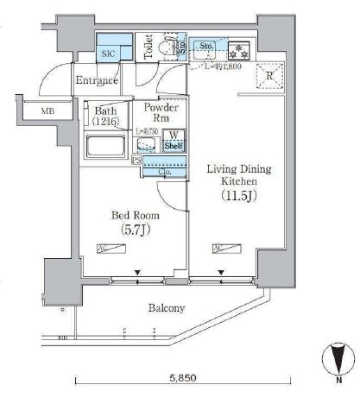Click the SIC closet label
click(108, 53)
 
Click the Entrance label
click(97, 80)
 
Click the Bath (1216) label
click(107, 116)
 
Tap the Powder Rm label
click(161, 114)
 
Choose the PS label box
click(136, 161)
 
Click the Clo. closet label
click(163, 172)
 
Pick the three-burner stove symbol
click(235, 48)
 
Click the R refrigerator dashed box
click(270, 76)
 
